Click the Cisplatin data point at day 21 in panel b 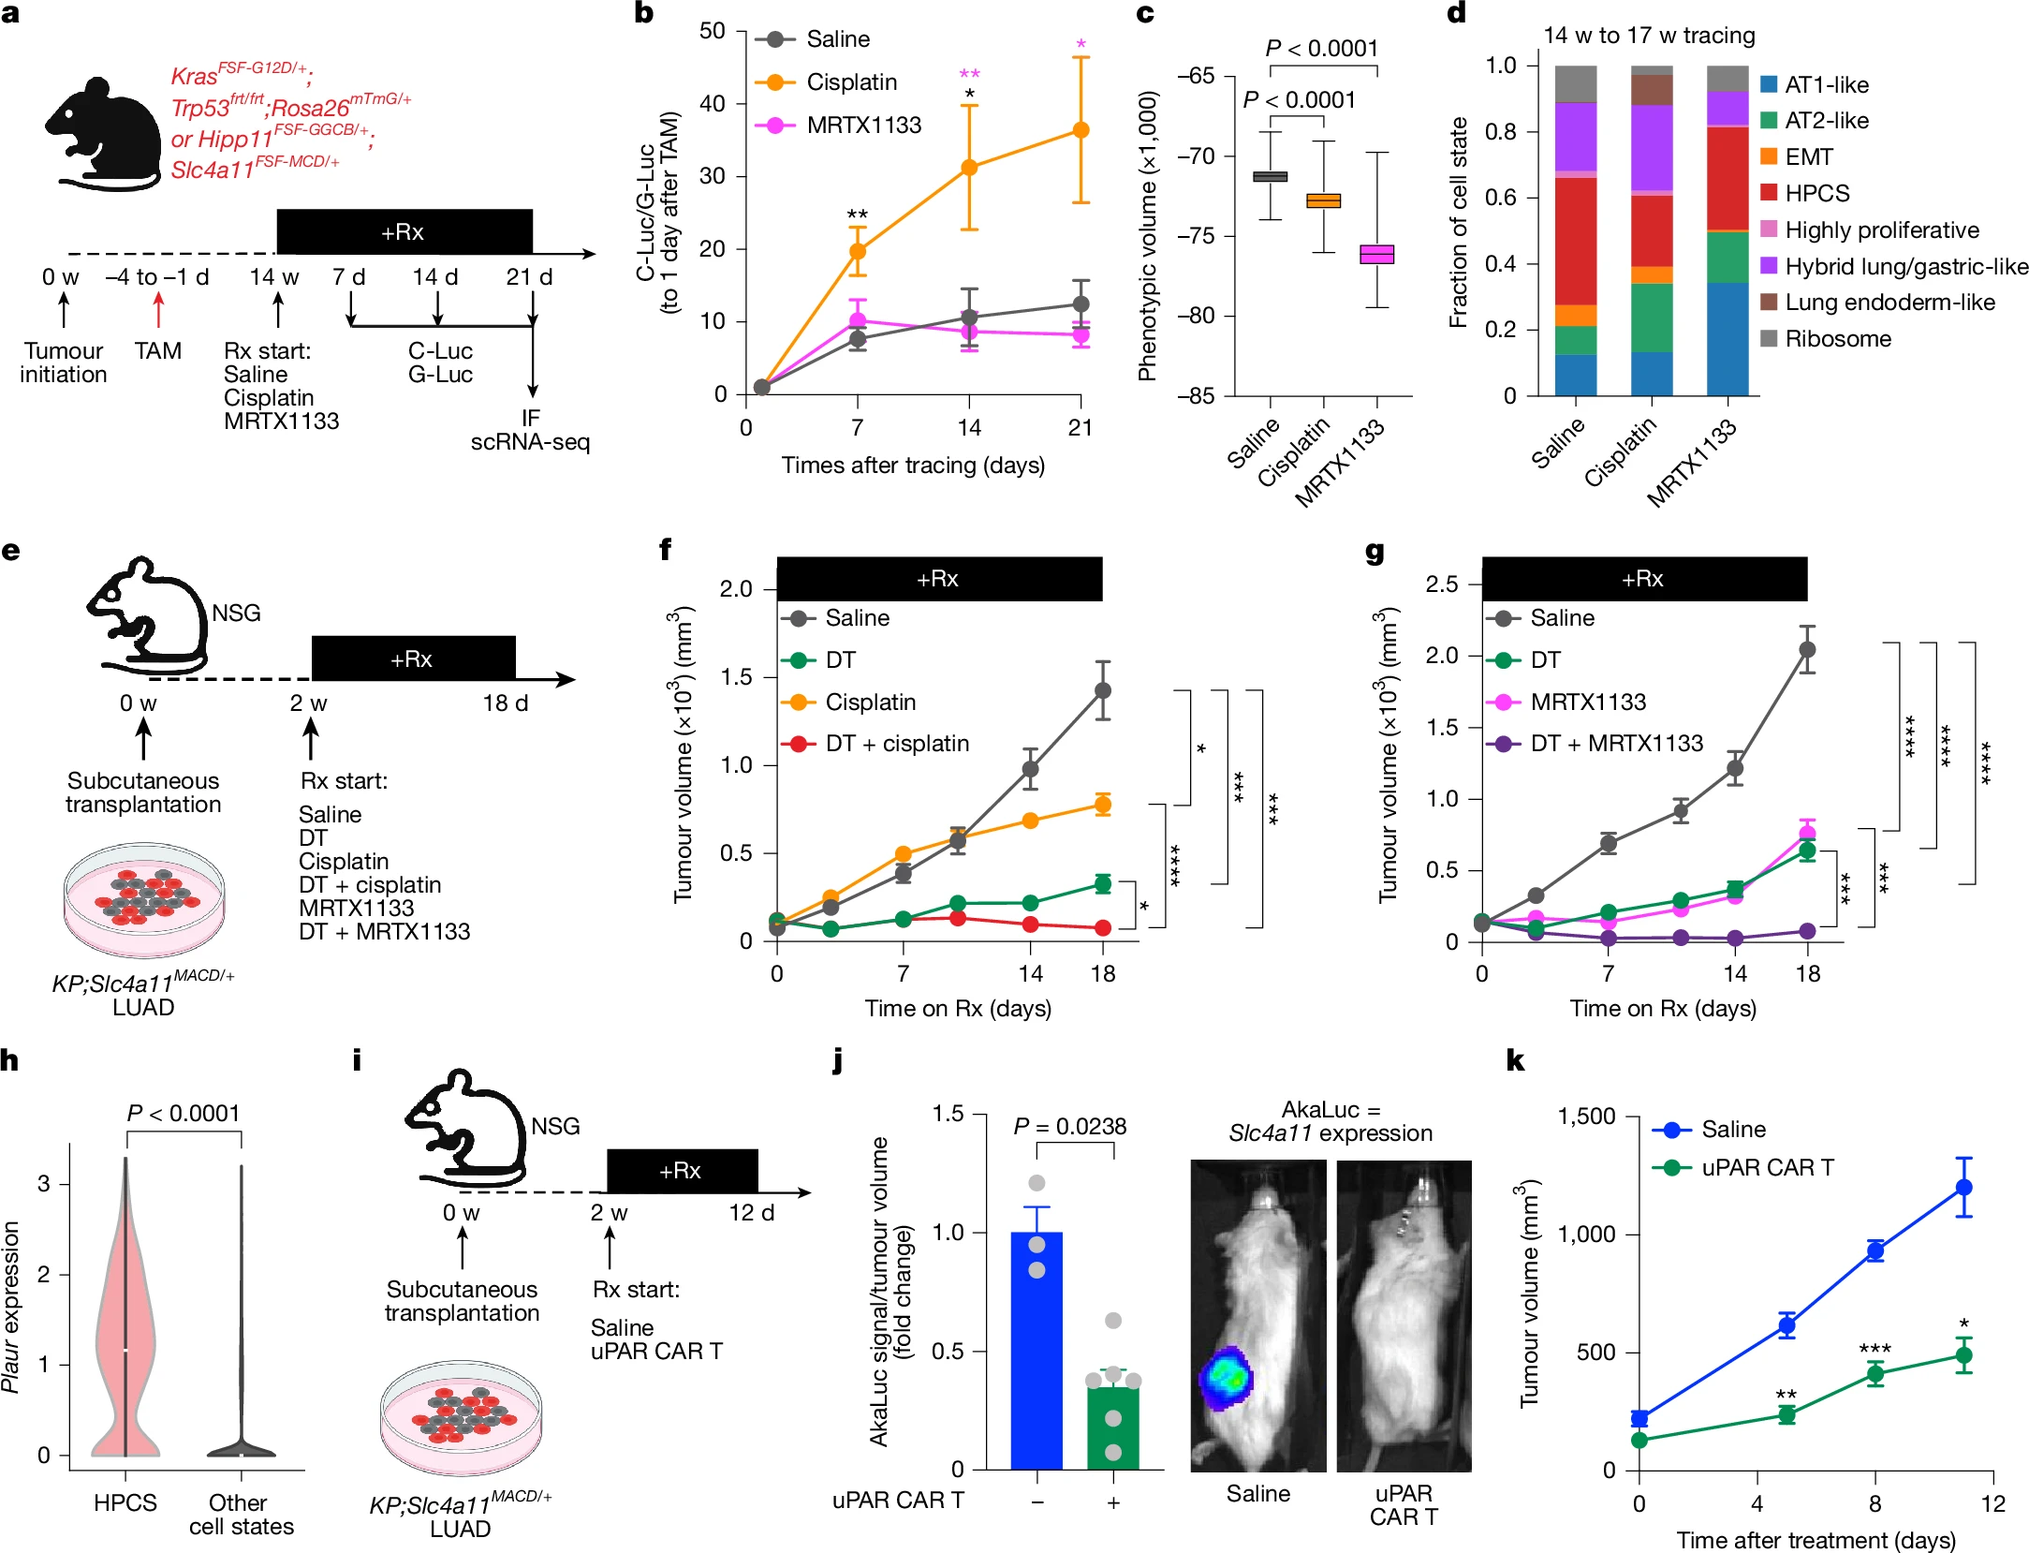pos(1081,130)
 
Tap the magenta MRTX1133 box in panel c pos(1376,254)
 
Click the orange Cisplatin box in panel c pos(1323,200)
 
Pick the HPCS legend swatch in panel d pos(1769,193)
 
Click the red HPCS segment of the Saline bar pos(1576,241)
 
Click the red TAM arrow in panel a pos(158,309)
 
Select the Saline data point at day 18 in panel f pos(1103,690)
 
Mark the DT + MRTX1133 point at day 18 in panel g pos(1807,931)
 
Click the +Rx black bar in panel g pos(1643,579)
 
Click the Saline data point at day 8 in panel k pos(1875,1251)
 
